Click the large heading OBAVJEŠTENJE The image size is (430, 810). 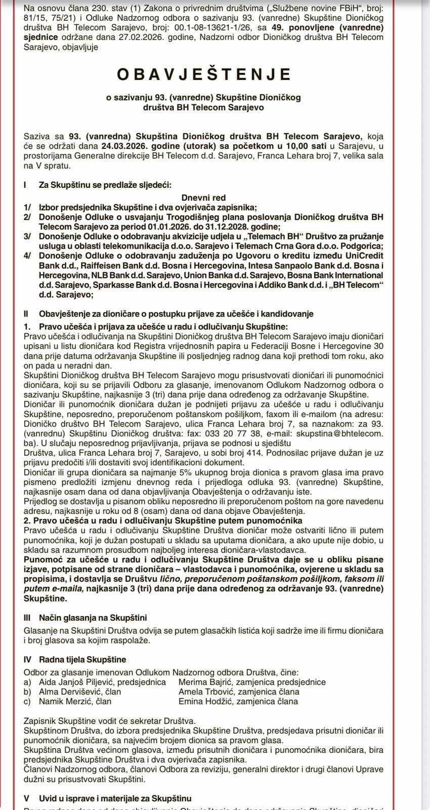(204, 74)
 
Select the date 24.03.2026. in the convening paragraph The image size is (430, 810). (122, 146)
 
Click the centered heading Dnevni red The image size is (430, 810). (204, 198)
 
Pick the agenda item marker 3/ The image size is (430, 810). (27, 236)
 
